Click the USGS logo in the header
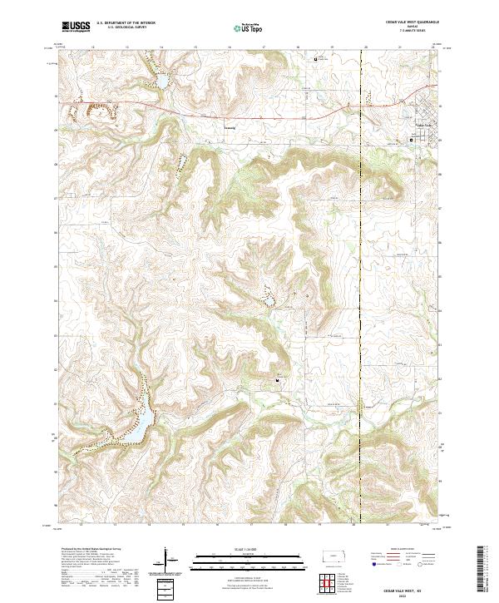pos(76,27)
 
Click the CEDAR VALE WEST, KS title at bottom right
pos(408,586)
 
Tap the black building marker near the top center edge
pos(314,59)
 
